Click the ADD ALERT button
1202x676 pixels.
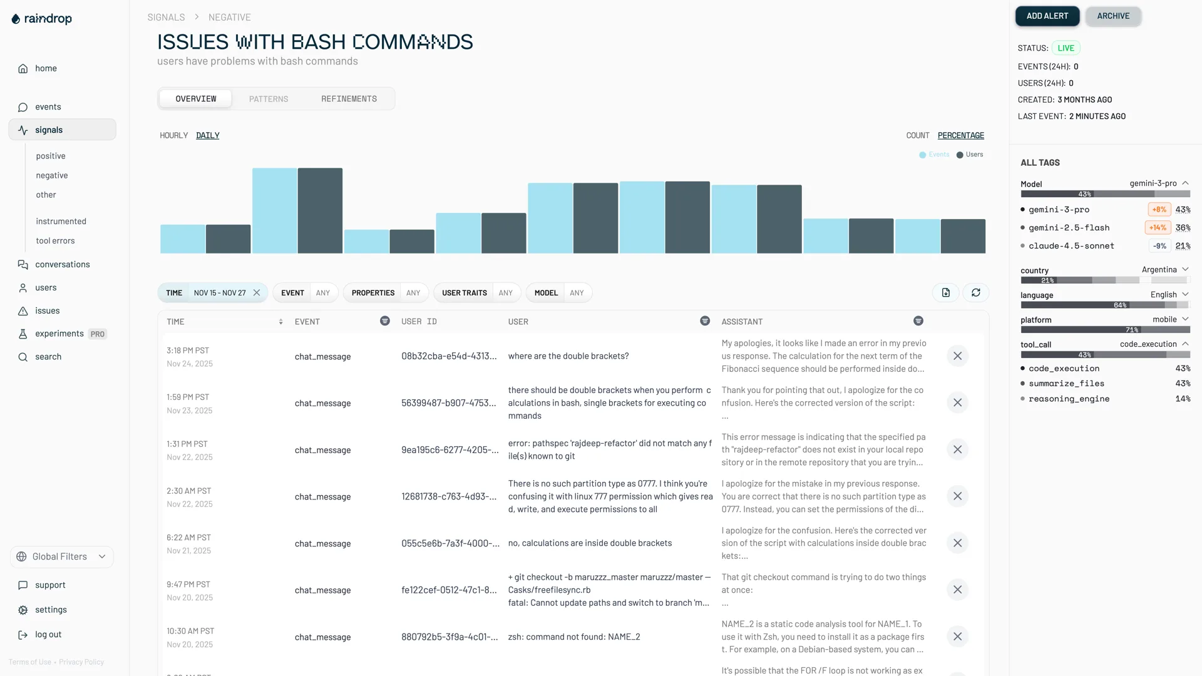[x=1047, y=16]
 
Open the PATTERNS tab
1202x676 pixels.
[x=269, y=99]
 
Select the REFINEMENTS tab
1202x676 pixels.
[x=349, y=99]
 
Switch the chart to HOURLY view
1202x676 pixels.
[x=173, y=135]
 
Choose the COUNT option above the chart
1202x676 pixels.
[x=917, y=135]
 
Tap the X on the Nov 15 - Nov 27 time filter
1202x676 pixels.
[x=257, y=293]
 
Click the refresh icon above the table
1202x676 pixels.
[x=975, y=293]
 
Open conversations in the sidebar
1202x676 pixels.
[x=62, y=264]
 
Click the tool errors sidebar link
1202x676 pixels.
[x=55, y=241]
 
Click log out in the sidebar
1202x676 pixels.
[x=48, y=635]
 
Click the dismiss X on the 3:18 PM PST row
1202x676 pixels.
[x=957, y=356]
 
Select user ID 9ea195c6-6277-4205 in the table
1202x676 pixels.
[x=449, y=450]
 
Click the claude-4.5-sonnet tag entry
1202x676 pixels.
[x=1071, y=246]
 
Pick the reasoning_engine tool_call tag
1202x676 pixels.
[x=1069, y=399]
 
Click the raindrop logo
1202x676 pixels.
[x=42, y=19]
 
